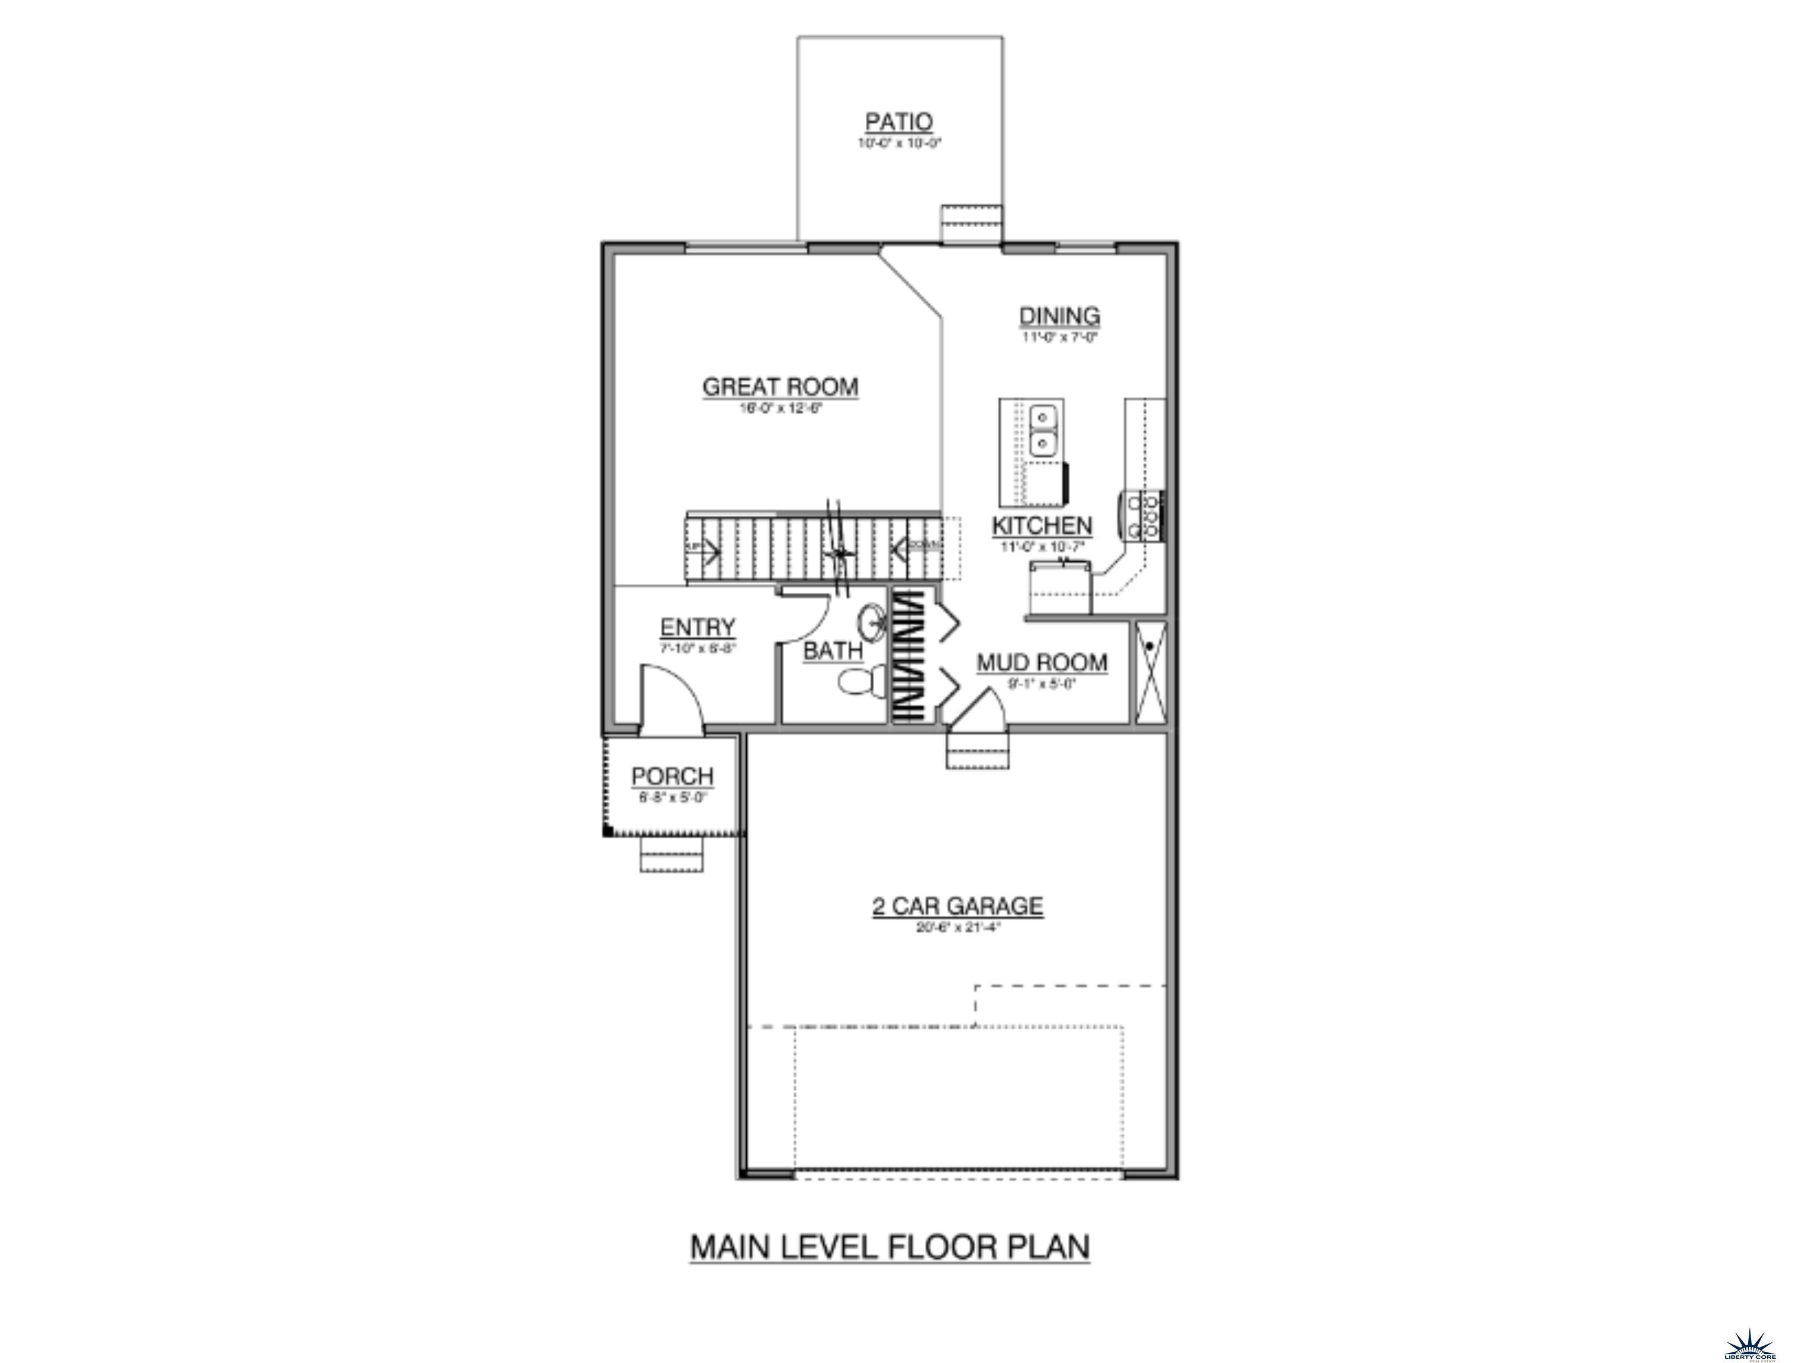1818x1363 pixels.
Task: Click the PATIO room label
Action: coord(898,122)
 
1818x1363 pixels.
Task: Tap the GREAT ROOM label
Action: coord(780,386)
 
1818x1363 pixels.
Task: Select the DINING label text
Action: coord(1059,315)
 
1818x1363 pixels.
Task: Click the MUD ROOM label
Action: coord(1042,662)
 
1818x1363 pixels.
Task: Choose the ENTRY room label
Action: coord(698,628)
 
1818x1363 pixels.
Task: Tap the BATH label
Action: coord(833,651)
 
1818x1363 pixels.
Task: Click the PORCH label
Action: coord(672,776)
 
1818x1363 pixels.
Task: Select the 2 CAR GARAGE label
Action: coord(958,906)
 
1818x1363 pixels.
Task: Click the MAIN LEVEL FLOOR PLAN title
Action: coord(890,1246)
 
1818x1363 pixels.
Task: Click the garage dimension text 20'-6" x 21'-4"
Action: coord(958,928)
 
